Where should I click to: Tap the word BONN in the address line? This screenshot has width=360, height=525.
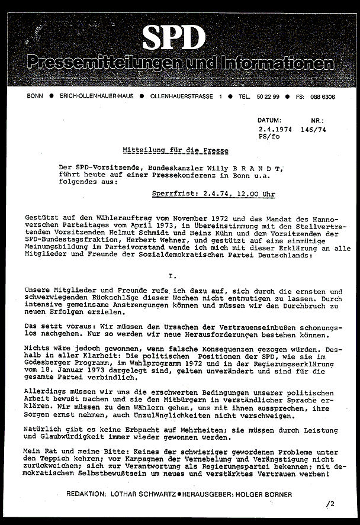35,96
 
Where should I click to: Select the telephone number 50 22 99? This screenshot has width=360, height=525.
265,96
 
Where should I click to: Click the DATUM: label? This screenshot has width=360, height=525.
270,120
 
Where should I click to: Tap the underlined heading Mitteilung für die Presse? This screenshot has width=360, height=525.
175,151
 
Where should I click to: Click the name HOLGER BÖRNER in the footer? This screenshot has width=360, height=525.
266,494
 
